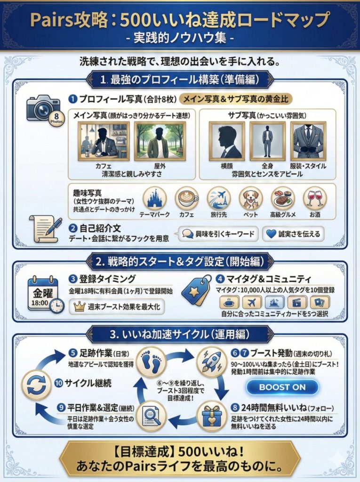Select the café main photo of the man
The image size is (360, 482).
[x=104, y=141]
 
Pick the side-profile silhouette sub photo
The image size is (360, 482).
[x=227, y=141]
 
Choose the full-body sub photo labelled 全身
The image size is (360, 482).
[x=267, y=141]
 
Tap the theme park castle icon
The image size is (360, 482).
[x=155, y=199]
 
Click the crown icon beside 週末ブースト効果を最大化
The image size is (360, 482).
[x=78, y=306]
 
